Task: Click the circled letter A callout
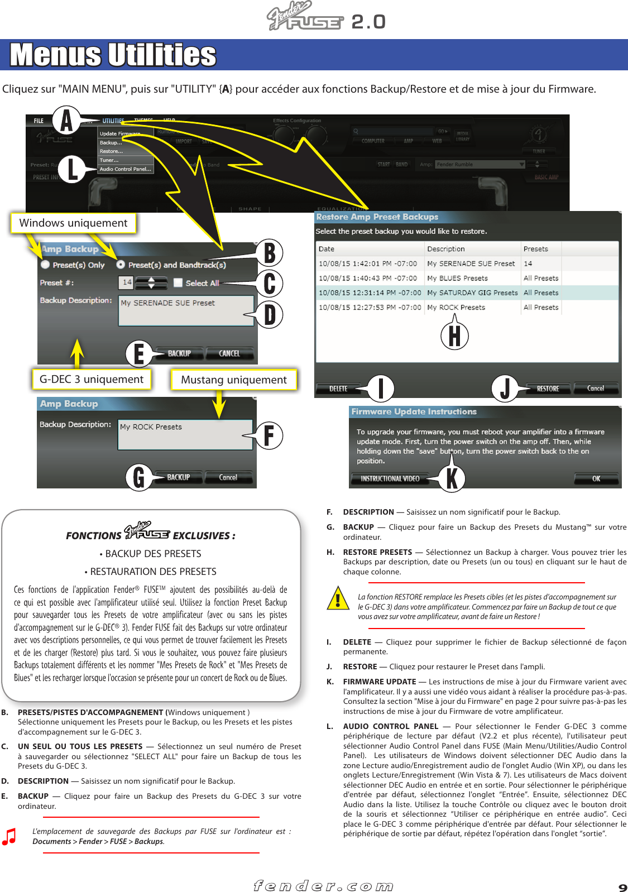[x=66, y=120]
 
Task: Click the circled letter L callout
[x=72, y=170]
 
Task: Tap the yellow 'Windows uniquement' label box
[x=73, y=223]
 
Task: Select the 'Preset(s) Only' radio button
[x=46, y=265]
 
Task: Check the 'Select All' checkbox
[x=178, y=283]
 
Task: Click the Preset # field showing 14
[x=127, y=282]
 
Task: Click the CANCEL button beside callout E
[x=229, y=353]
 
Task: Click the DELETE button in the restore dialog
[x=338, y=389]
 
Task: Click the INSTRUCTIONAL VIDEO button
[x=390, y=478]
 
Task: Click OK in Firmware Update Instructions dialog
[x=596, y=478]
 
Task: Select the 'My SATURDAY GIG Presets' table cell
[x=472, y=292]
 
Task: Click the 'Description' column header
[x=445, y=249]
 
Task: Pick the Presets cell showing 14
[x=528, y=263]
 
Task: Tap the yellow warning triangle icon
[x=338, y=599]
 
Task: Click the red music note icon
[x=9, y=836]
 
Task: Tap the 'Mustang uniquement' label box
[x=233, y=380]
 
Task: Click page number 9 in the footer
[x=622, y=887]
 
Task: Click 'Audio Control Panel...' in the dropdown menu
[x=125, y=169]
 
